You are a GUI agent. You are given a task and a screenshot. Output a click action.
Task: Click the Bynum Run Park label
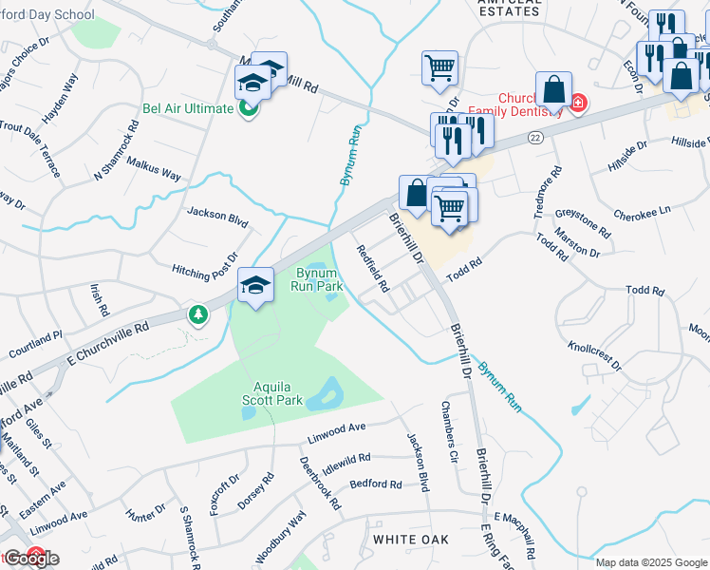pos(316,278)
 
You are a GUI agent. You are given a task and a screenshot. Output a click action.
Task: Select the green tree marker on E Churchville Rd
pos(197,313)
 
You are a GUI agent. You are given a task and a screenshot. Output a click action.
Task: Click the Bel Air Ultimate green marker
pos(248,108)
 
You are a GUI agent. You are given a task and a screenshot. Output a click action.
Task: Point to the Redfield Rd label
pos(373,269)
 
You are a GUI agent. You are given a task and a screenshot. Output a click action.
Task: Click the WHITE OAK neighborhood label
pos(410,539)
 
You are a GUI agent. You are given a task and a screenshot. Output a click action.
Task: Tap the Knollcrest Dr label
pos(594,351)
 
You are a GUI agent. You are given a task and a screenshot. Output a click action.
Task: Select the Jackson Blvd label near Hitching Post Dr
pos(217,217)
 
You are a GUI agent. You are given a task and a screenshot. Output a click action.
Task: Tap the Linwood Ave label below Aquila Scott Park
pos(336,433)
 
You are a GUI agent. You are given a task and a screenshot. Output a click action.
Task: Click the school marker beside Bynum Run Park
pos(255,284)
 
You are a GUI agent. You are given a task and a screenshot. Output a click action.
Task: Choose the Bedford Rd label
pos(376,484)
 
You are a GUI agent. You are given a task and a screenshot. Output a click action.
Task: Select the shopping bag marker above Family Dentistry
pos(553,90)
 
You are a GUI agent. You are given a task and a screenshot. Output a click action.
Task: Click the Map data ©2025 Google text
pos(651,562)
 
